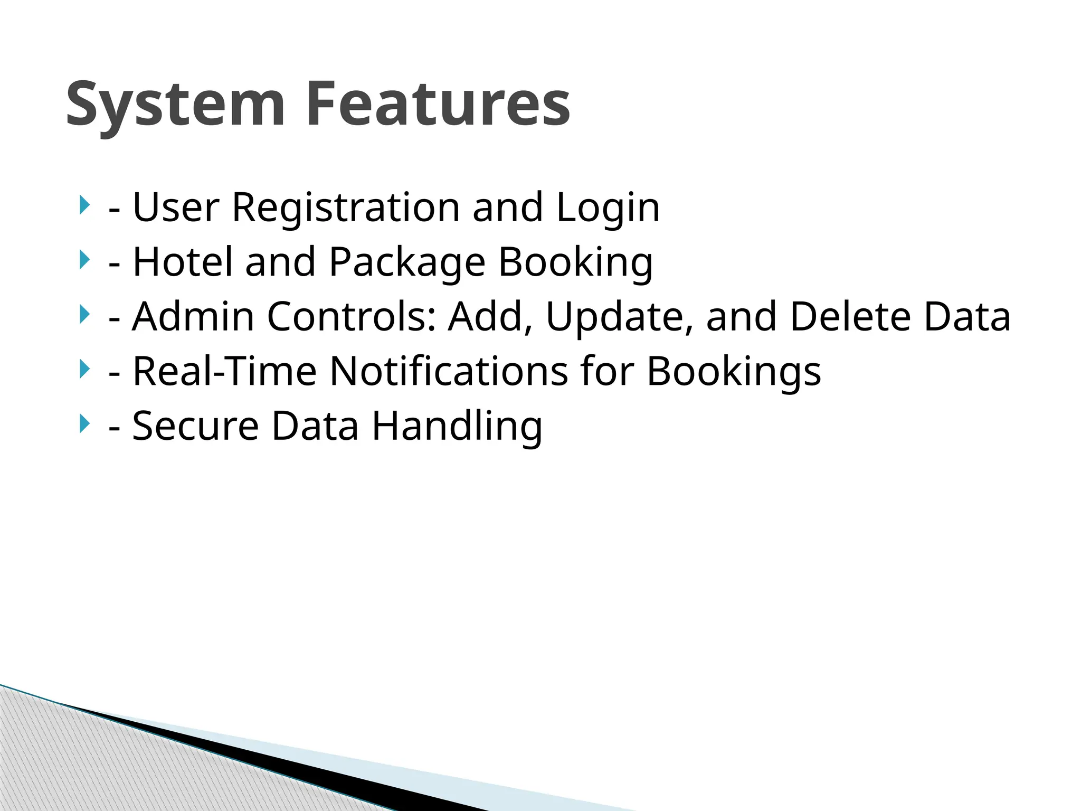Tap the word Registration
346,208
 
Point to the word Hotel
182,262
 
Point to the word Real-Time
224,371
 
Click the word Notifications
449,371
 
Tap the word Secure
196,426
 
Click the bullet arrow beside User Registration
83,205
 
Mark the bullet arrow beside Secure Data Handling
83,424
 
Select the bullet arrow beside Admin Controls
83,315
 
